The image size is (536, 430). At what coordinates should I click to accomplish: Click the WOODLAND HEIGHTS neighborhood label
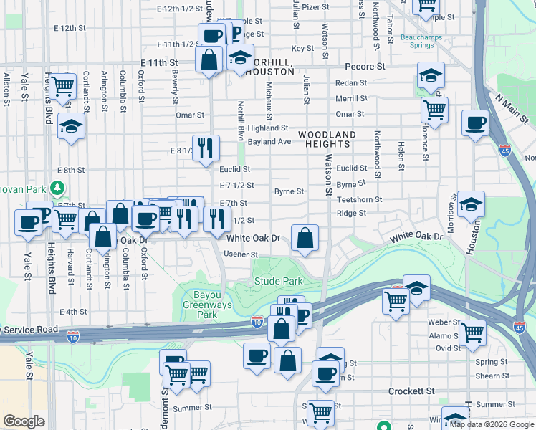(x=327, y=140)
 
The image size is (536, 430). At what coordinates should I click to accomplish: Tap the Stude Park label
(x=278, y=282)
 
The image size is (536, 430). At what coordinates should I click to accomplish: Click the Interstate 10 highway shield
(x=258, y=324)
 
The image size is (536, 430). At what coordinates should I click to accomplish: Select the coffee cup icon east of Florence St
(x=475, y=123)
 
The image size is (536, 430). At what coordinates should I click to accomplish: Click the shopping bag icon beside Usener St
(x=305, y=239)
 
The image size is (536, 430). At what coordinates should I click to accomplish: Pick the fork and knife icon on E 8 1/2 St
(x=206, y=148)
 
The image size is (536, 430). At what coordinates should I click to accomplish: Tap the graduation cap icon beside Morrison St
(x=470, y=204)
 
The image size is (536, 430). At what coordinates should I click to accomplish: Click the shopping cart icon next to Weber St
(x=472, y=332)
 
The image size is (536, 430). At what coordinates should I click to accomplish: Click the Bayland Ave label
(x=269, y=142)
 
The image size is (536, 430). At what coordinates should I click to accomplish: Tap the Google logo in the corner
(x=24, y=421)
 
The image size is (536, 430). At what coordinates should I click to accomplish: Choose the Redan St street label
(x=351, y=83)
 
